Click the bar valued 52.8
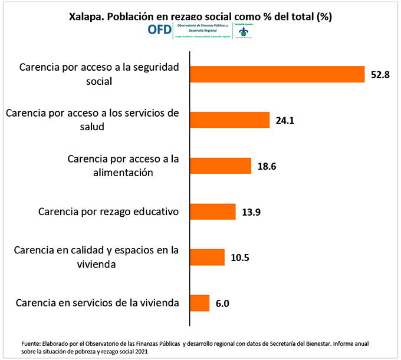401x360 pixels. (277, 74)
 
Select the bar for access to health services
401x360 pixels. (229, 120)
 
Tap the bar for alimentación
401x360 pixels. (221, 166)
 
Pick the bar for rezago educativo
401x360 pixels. (212, 212)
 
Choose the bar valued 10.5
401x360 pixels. (207, 257)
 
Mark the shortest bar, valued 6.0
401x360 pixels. (199, 303)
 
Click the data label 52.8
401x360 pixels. (381, 75)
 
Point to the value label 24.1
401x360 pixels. (285, 121)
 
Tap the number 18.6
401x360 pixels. (267, 166)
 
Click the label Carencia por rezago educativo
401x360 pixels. (108, 211)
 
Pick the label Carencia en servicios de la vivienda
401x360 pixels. (97, 303)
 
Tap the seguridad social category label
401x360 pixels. (99, 74)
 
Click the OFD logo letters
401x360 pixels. (156, 30)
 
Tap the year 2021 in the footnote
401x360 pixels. (140, 351)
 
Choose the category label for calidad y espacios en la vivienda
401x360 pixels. (97, 257)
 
